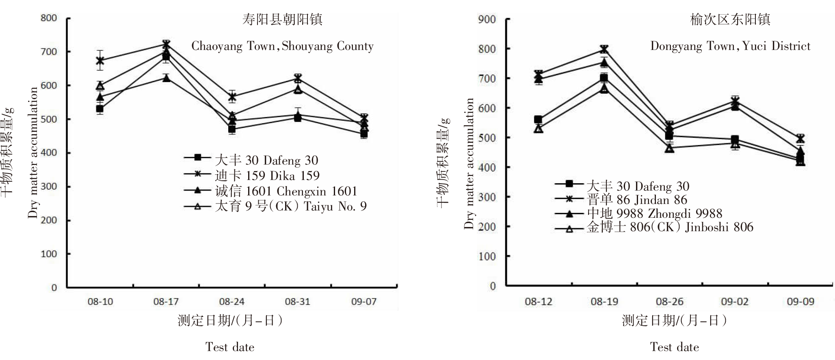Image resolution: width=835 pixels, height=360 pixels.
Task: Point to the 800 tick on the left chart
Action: click(x=49, y=18)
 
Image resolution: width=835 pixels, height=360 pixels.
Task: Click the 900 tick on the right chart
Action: click(x=487, y=19)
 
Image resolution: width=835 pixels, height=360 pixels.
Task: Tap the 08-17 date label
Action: click(x=166, y=302)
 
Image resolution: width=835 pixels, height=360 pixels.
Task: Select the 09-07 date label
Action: click(x=363, y=302)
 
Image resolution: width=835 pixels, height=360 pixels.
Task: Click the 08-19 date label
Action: click(x=604, y=302)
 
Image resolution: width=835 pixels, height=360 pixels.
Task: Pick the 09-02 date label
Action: click(x=735, y=302)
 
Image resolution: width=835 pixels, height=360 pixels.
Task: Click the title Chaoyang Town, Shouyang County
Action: click(x=282, y=46)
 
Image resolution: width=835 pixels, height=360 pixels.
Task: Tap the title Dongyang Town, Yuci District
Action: click(x=730, y=46)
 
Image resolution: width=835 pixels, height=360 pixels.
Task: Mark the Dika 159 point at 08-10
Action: click(x=100, y=61)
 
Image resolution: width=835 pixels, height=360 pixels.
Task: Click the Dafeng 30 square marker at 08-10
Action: click(x=100, y=109)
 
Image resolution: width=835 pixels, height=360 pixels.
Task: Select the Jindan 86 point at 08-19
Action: click(x=604, y=50)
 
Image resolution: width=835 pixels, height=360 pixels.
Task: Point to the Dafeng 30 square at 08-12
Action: click(x=539, y=119)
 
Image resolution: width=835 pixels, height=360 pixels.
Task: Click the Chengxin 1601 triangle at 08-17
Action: click(x=166, y=78)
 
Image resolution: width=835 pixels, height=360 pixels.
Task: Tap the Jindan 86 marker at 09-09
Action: click(x=800, y=139)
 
